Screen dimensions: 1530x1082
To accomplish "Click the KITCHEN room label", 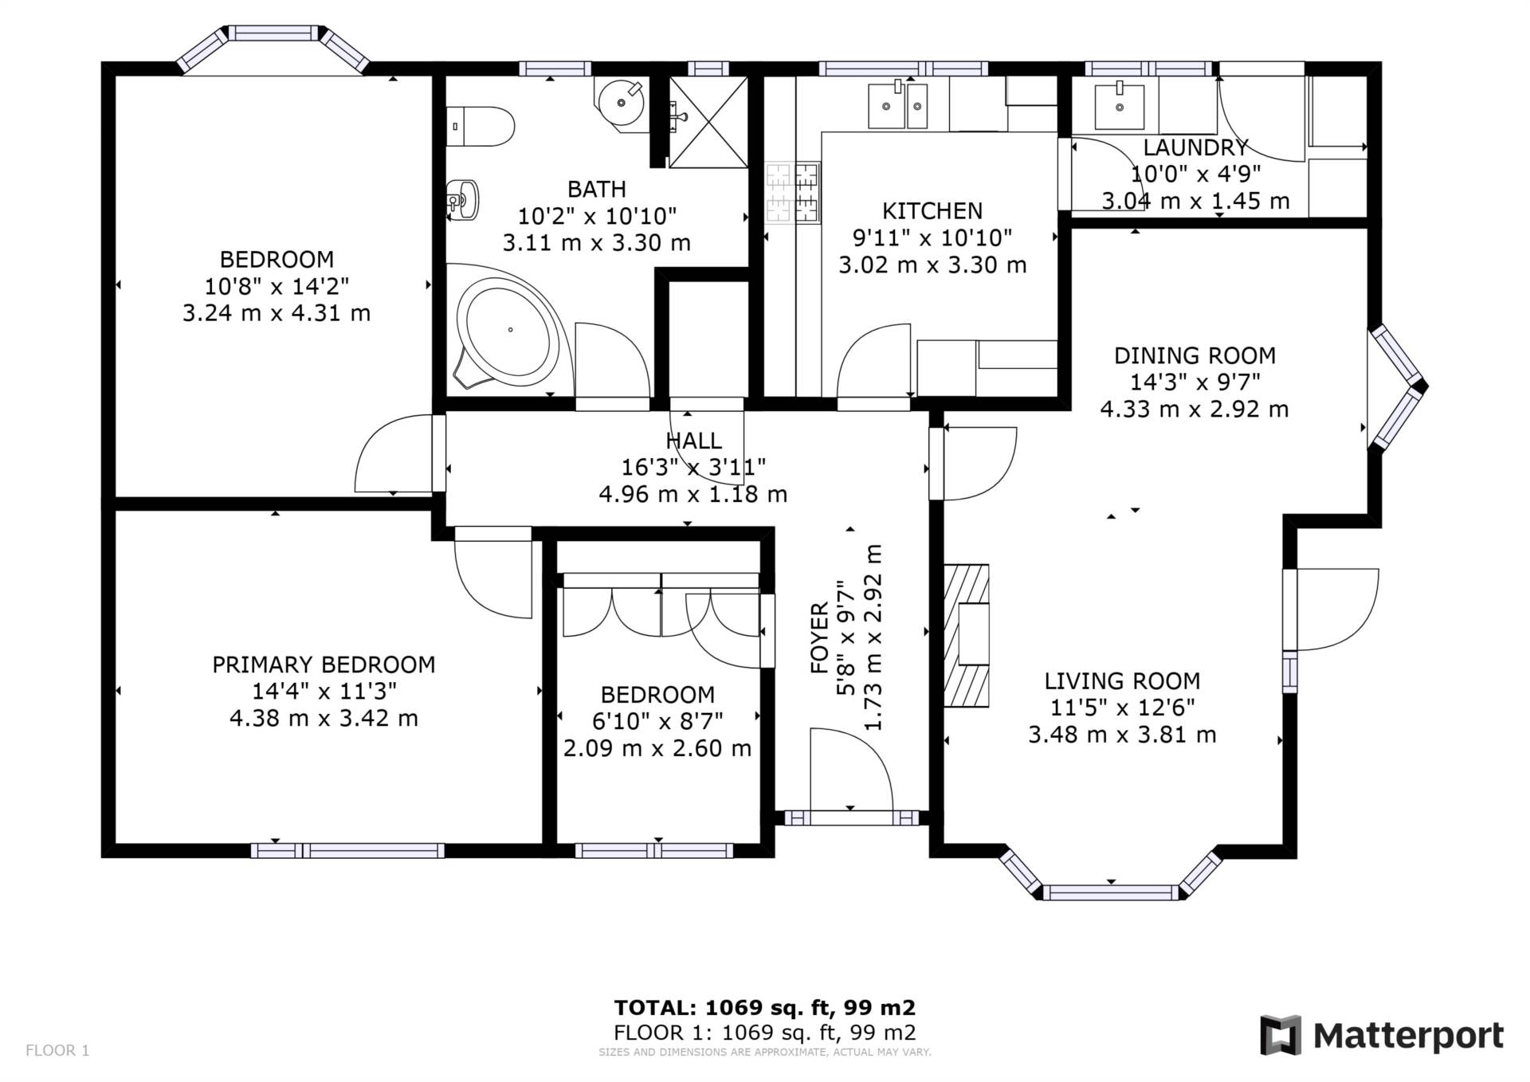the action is [x=932, y=211].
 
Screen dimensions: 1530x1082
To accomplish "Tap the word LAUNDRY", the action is [x=1195, y=147].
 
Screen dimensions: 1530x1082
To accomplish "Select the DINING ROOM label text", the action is [x=1195, y=355].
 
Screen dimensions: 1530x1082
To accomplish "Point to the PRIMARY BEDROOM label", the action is [x=324, y=664].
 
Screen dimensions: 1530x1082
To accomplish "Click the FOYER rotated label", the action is [x=820, y=638].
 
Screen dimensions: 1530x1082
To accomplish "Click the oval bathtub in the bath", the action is [x=507, y=330].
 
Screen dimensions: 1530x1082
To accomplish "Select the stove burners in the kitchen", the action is [x=793, y=192].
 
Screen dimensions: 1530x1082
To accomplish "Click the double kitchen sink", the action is [x=897, y=105].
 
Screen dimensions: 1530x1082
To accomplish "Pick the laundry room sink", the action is [x=1119, y=106].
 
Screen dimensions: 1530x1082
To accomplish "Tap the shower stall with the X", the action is [x=708, y=122].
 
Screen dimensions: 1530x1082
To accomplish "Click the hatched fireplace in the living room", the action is [x=966, y=636].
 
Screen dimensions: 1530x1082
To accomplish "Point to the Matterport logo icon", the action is [x=1281, y=1035].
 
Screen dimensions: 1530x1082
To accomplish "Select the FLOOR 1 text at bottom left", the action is [x=57, y=1050].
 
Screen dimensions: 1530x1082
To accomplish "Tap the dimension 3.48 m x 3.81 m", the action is [x=1122, y=735].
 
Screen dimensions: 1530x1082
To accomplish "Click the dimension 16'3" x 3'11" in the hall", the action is [x=693, y=467].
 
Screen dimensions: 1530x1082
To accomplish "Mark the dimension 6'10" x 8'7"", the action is [x=657, y=721].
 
